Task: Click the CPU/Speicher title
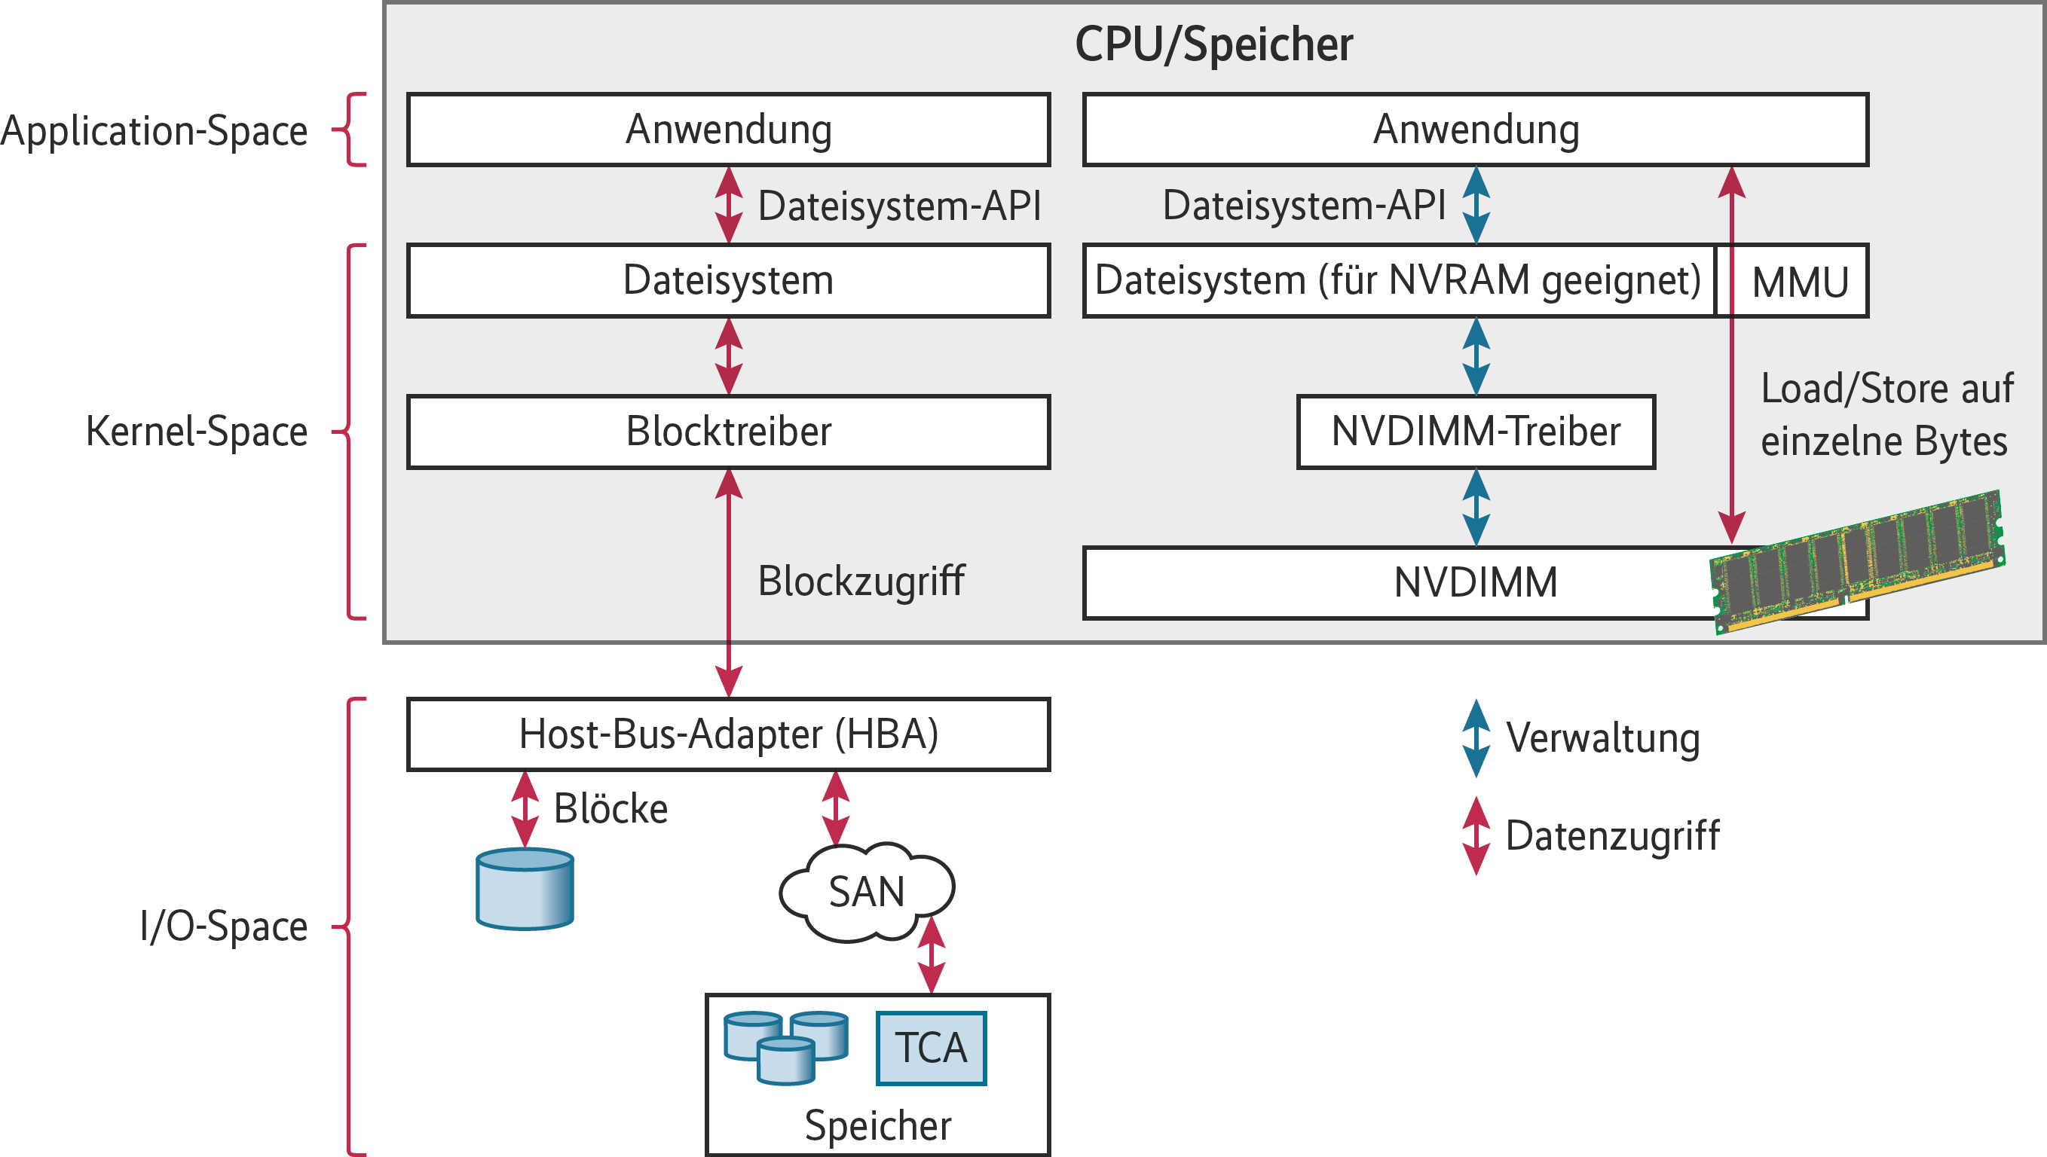pyautogui.click(x=1213, y=44)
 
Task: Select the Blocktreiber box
pyautogui.click(x=728, y=432)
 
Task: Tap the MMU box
pyautogui.click(x=1800, y=281)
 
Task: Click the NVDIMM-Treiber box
pyautogui.click(x=1476, y=432)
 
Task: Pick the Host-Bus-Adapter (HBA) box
pyautogui.click(x=728, y=734)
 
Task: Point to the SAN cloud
pyautogui.click(x=866, y=891)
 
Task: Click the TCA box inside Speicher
pyautogui.click(x=931, y=1047)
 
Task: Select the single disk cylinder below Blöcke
pyautogui.click(x=525, y=888)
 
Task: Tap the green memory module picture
pyautogui.click(x=1856, y=560)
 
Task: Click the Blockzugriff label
pyautogui.click(x=861, y=581)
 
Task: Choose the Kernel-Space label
pyautogui.click(x=197, y=432)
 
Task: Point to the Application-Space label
pyautogui.click(x=155, y=130)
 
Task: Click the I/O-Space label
pyautogui.click(x=223, y=926)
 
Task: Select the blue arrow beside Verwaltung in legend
pyautogui.click(x=1476, y=738)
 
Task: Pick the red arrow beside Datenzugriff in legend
pyautogui.click(x=1476, y=836)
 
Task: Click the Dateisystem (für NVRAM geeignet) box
pyautogui.click(x=1397, y=280)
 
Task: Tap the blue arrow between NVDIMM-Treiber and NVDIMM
pyautogui.click(x=1476, y=508)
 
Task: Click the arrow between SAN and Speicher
pyautogui.click(x=931, y=955)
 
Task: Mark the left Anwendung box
pyautogui.click(x=728, y=130)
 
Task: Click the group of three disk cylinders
pyautogui.click(x=785, y=1046)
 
